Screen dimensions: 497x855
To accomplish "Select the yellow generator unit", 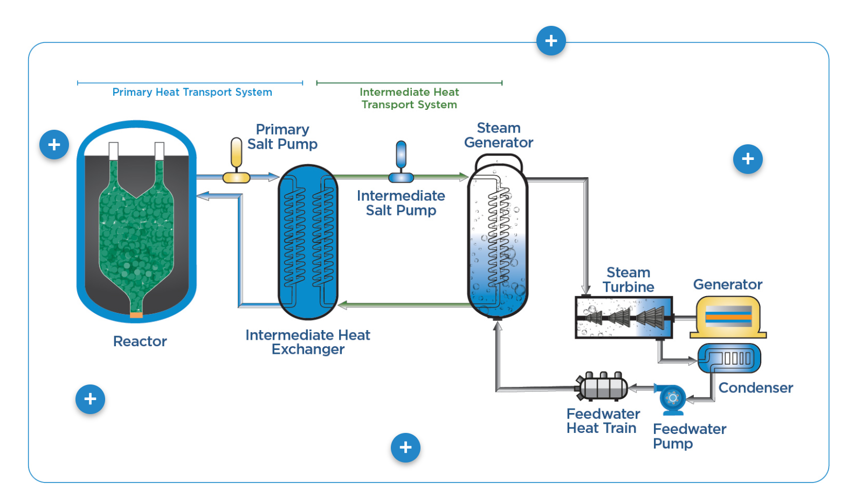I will click(x=728, y=317).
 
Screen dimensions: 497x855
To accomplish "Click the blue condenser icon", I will click(x=729, y=358).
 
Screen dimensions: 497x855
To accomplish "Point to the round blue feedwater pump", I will click(x=672, y=399).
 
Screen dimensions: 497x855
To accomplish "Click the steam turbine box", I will click(x=624, y=317).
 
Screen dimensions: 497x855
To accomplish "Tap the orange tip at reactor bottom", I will click(x=136, y=314).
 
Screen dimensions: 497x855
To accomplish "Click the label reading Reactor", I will click(x=140, y=341).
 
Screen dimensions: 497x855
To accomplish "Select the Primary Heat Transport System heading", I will click(x=192, y=92).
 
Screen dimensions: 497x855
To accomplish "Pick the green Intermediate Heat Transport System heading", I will click(x=409, y=98).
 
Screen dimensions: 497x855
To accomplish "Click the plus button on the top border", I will click(x=551, y=41).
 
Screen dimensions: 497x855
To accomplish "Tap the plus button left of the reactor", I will click(x=54, y=144).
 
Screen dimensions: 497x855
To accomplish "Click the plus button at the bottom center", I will click(x=405, y=447).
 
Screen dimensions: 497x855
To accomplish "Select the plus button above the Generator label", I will click(x=748, y=159).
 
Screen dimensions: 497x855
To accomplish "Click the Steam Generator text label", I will click(x=499, y=135).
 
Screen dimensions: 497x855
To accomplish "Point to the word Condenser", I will click(x=755, y=388).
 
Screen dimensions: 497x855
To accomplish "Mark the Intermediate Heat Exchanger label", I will click(x=308, y=342).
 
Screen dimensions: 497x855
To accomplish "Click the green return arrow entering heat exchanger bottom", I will click(x=345, y=305).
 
